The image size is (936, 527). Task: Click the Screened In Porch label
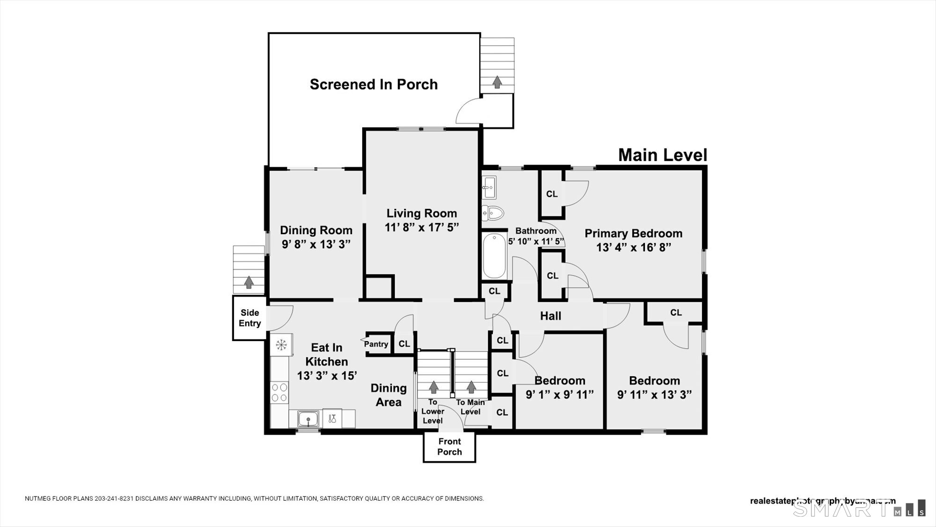coord(373,85)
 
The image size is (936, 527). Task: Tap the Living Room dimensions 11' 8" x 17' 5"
coord(421,228)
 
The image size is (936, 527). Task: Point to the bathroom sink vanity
coord(490,187)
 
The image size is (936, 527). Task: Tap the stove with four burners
coord(280,393)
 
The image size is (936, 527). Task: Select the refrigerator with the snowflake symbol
coord(281,345)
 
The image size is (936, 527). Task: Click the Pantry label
coord(376,344)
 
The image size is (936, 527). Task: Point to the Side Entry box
coord(249,318)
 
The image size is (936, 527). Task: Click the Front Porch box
coord(449,447)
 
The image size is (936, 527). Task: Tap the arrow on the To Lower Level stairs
coord(433,387)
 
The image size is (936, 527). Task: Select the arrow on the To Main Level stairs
coord(471,387)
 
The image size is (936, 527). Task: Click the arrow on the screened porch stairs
coord(497,82)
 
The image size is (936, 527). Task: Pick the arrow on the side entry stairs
coord(249,282)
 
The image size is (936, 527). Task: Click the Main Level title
coord(662,155)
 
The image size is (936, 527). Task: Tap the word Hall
coord(550,316)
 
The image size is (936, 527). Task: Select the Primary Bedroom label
coord(633,233)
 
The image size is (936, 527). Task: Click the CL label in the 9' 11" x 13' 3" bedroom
coord(676,312)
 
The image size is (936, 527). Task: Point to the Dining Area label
coord(388,395)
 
